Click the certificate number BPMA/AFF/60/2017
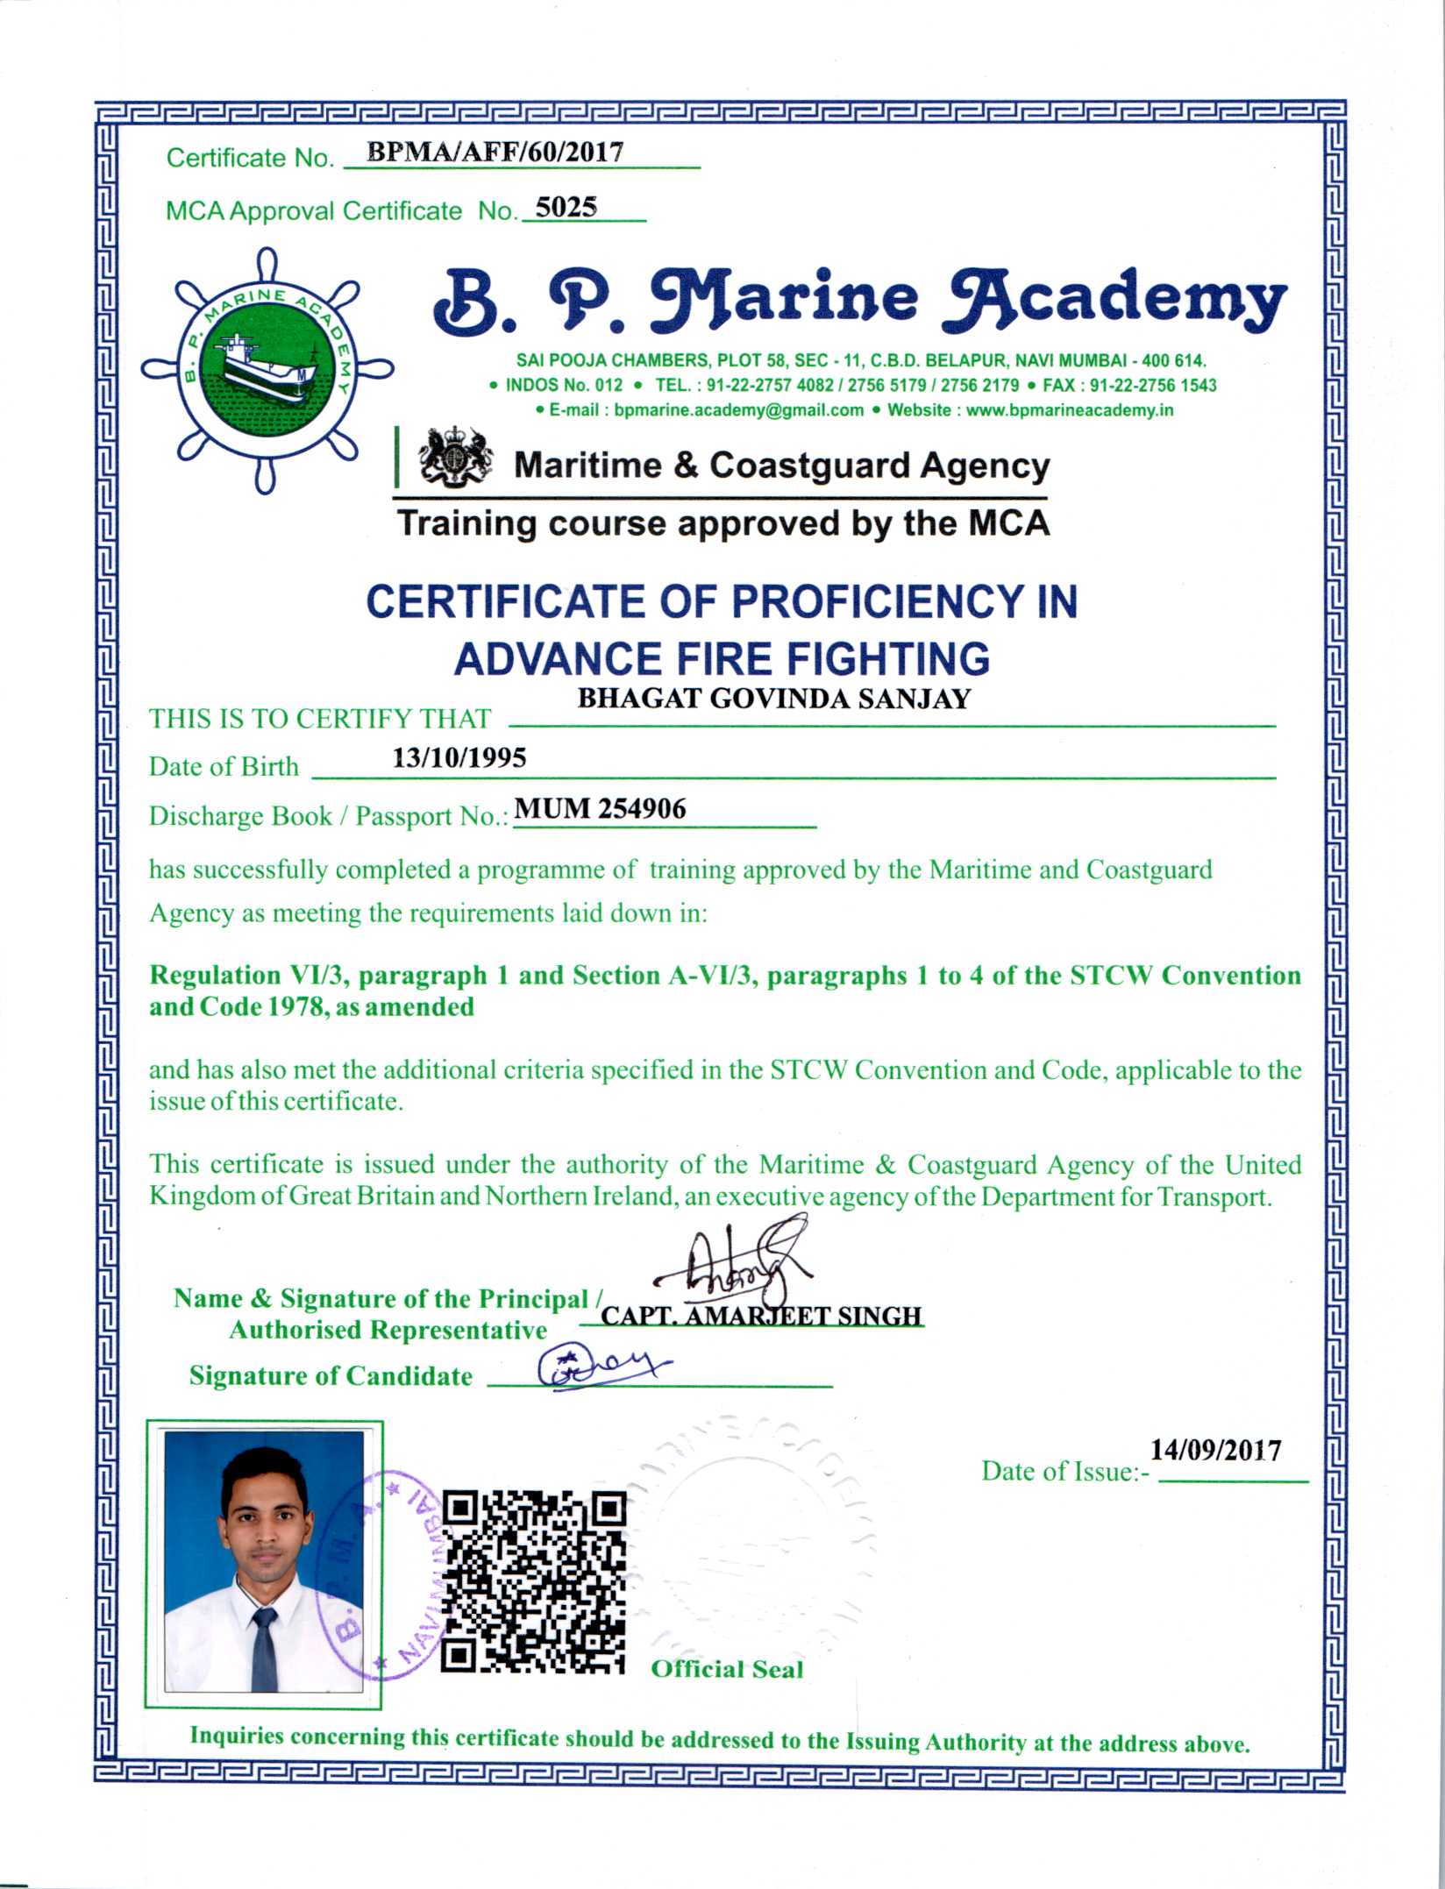pos(495,153)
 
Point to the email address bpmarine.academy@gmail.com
pos(738,410)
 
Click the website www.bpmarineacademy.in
pos(1069,410)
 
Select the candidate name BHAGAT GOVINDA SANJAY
pos(773,699)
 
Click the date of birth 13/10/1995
pos(459,757)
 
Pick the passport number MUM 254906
pos(600,808)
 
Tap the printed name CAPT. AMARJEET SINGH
pos(761,1316)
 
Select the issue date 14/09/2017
pos(1215,1451)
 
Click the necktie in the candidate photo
pos(263,1649)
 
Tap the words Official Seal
pos(727,1669)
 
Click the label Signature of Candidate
pos(331,1375)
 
